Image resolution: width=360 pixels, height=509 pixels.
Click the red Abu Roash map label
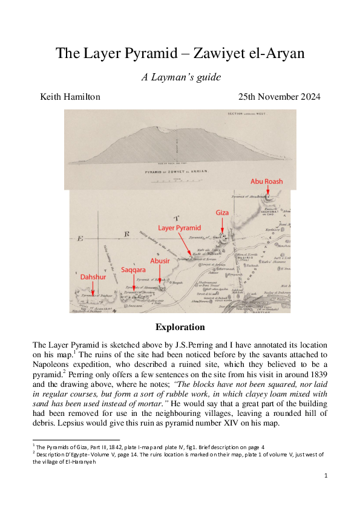point(266,181)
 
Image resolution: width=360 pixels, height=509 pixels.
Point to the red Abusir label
point(159,261)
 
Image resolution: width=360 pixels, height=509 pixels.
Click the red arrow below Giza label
point(223,225)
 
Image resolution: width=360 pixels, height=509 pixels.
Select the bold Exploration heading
point(180,327)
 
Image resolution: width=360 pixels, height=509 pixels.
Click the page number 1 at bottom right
point(326,476)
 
